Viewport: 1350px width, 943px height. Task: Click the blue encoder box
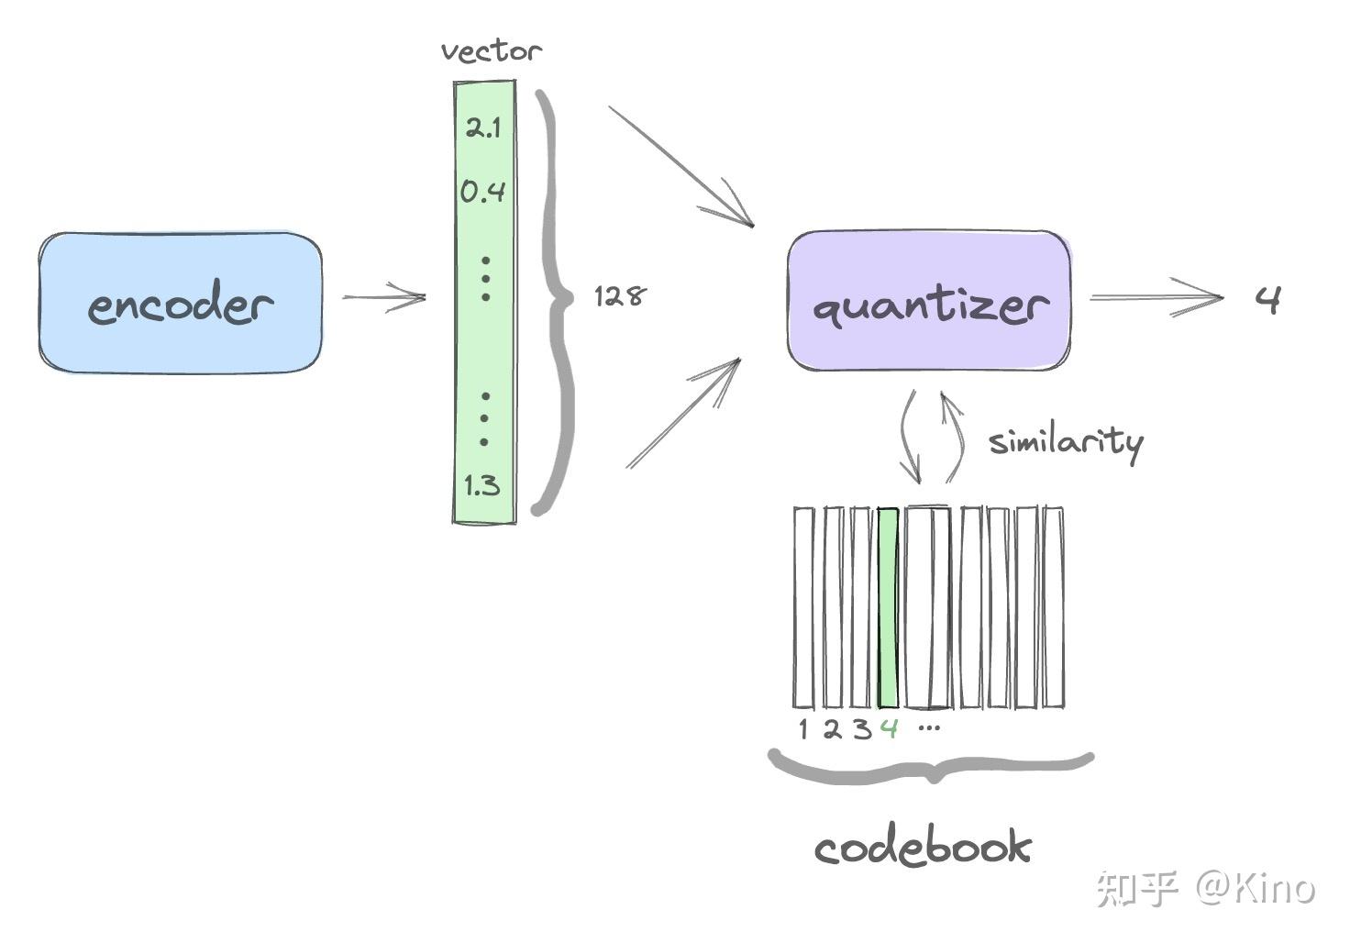[181, 303]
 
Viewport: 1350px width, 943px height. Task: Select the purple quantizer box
[929, 301]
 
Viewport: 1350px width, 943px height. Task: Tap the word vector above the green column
[491, 50]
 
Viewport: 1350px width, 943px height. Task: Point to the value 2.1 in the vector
[483, 128]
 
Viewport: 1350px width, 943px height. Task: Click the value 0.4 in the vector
[482, 192]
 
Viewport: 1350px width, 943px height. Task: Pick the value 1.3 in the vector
[482, 485]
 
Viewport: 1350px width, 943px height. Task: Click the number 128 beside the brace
[620, 295]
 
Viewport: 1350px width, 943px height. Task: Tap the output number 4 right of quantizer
[1268, 299]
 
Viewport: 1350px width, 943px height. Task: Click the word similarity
[1066, 442]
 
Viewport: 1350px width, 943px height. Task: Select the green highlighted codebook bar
[887, 607]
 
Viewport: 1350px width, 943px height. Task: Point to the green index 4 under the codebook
[888, 729]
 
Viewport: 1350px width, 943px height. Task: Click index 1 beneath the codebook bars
[803, 729]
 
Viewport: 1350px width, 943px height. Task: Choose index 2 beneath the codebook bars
[831, 729]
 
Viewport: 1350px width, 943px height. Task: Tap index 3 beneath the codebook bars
[860, 729]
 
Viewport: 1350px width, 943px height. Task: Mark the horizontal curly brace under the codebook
[931, 768]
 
